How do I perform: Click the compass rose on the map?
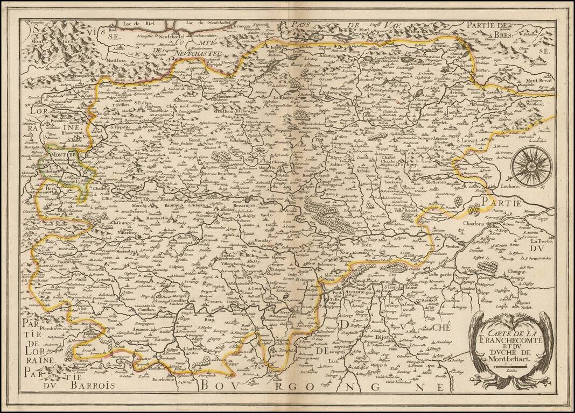[x=531, y=165]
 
